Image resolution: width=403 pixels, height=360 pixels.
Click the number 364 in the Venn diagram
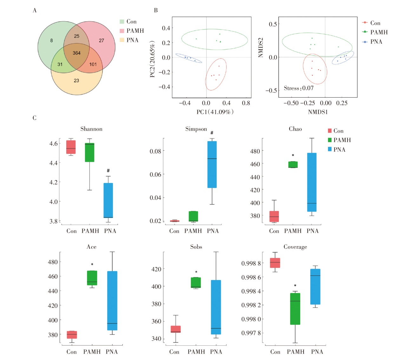point(76,53)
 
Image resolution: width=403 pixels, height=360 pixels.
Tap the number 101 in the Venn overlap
point(93,64)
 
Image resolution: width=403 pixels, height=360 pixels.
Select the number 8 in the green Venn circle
point(51,40)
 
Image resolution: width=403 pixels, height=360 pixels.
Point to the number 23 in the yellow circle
point(76,81)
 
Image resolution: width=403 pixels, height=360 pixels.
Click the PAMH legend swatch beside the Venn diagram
point(122,31)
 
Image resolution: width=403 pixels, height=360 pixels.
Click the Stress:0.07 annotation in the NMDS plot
point(298,88)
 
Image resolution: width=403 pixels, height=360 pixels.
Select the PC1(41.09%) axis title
point(215,112)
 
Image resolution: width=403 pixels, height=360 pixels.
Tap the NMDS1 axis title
point(318,112)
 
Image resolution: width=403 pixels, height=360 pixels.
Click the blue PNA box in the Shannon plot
point(108,200)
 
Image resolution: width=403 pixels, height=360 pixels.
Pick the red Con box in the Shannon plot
point(71,147)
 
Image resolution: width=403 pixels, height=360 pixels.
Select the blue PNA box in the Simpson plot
point(212,164)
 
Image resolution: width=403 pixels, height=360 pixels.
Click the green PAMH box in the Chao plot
point(293,164)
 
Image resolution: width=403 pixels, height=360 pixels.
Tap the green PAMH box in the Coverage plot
point(295,309)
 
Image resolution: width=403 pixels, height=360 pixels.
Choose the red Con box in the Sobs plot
point(175,329)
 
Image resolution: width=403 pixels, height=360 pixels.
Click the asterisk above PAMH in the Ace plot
point(92,265)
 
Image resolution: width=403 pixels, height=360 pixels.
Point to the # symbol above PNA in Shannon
point(108,171)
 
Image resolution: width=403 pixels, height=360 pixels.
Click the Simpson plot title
point(196,129)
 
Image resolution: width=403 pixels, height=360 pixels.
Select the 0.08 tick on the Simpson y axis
point(155,151)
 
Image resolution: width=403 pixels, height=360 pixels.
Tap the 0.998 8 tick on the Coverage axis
point(251,263)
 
